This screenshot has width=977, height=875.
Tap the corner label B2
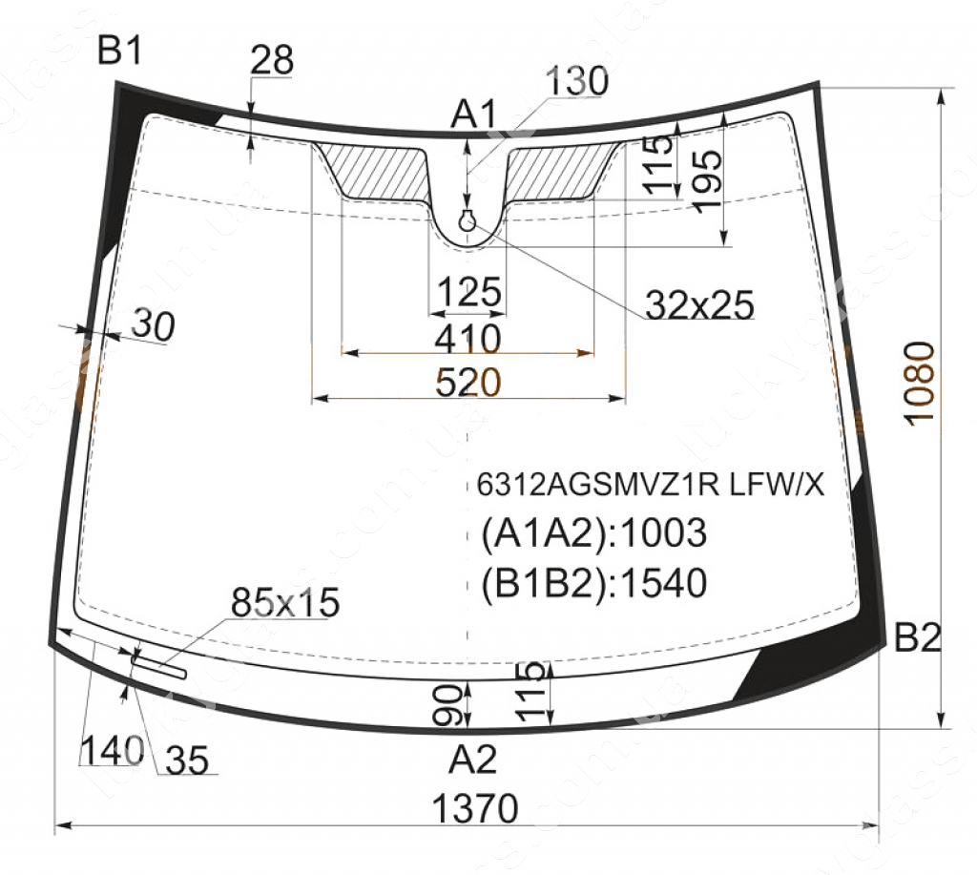point(917,637)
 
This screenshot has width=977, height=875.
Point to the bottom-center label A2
point(473,760)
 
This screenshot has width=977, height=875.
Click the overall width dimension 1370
point(475,808)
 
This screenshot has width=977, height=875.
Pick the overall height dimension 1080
point(920,383)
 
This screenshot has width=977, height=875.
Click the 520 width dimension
point(468,382)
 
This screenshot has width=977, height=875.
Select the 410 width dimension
point(468,338)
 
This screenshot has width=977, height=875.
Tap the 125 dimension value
point(468,291)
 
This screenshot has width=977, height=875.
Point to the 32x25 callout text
point(699,304)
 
